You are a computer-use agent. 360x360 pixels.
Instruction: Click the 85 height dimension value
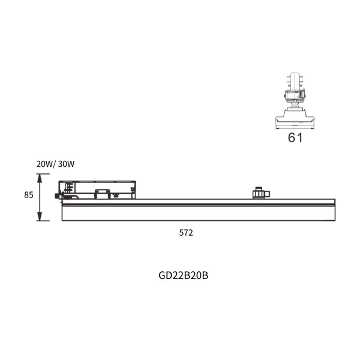pyautogui.click(x=29, y=195)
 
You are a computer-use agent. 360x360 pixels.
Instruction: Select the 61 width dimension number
pyautogui.click(x=295, y=137)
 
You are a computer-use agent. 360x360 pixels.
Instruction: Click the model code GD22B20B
pyautogui.click(x=183, y=275)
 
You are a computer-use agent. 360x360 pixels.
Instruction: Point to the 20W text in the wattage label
pyautogui.click(x=44, y=163)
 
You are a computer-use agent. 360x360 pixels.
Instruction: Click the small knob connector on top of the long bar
pyautogui.click(x=258, y=193)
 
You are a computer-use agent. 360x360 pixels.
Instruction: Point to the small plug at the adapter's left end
pyautogui.click(x=59, y=195)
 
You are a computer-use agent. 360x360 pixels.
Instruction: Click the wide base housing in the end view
pyautogui.click(x=295, y=118)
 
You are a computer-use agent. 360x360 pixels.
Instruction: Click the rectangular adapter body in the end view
pyautogui.click(x=295, y=94)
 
